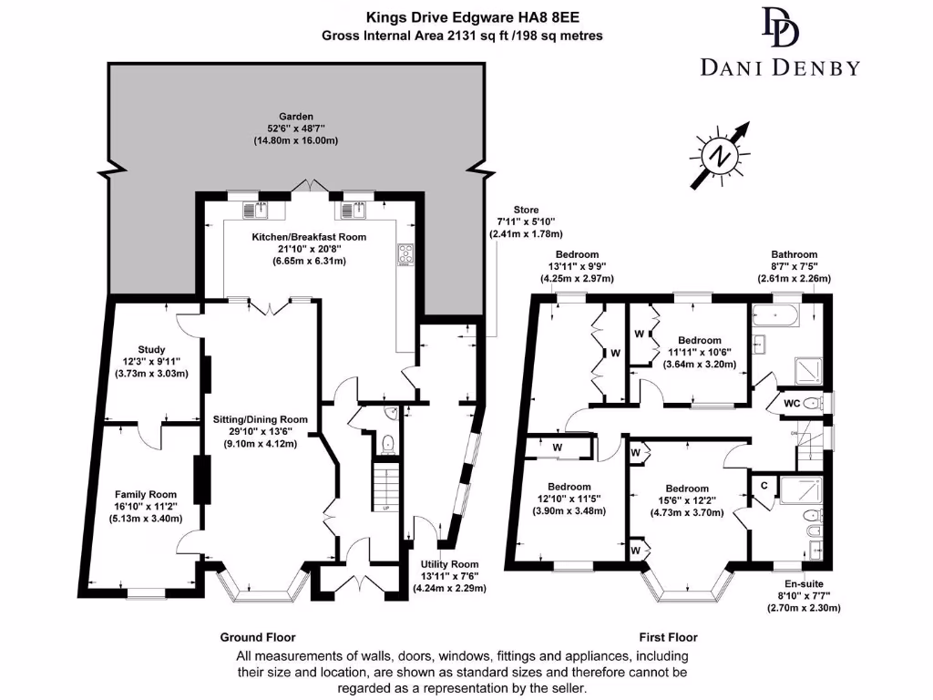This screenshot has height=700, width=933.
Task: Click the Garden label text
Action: click(x=296, y=117)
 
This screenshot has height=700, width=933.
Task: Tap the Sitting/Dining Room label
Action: click(x=260, y=419)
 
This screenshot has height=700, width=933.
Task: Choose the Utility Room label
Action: click(x=449, y=565)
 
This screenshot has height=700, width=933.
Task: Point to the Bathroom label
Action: click(x=794, y=255)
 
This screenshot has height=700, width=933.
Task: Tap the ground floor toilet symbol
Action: click(x=388, y=444)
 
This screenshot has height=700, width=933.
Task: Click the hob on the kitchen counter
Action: click(x=404, y=258)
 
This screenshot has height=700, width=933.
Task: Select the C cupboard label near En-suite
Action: click(x=764, y=487)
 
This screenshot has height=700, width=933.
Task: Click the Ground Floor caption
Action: click(x=258, y=637)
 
